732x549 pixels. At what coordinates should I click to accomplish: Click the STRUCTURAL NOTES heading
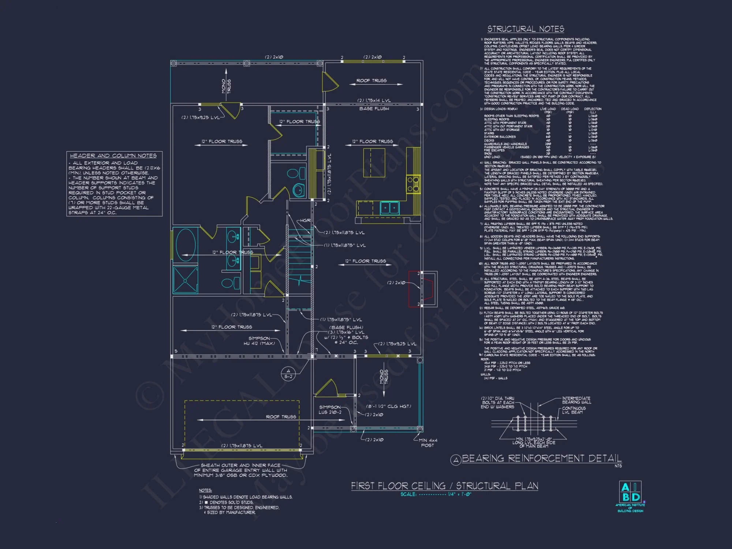tap(526, 29)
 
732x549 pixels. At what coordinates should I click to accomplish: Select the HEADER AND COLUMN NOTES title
tap(113, 156)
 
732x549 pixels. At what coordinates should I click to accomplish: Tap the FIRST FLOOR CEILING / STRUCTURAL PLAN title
tap(444, 486)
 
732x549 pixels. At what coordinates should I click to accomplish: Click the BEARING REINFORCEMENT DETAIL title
tap(541, 458)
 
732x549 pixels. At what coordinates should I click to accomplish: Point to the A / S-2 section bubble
tap(288, 374)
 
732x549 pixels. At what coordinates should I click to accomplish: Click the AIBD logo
tap(630, 492)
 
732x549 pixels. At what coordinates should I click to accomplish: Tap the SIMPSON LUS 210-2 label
tap(330, 410)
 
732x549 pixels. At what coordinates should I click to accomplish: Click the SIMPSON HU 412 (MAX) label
tap(259, 341)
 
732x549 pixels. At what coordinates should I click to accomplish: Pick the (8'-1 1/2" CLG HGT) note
tap(388, 406)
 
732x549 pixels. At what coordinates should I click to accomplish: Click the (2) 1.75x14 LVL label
tap(374, 100)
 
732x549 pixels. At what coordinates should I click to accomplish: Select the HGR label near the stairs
tap(305, 220)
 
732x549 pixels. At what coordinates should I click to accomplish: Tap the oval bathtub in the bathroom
tap(185, 245)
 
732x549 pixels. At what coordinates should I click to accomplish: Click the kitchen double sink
tap(389, 208)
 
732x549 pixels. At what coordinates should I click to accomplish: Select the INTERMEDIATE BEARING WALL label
tap(576, 400)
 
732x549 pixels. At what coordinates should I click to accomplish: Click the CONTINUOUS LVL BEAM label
tap(574, 410)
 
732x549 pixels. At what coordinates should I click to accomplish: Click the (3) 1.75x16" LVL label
tap(346, 332)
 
